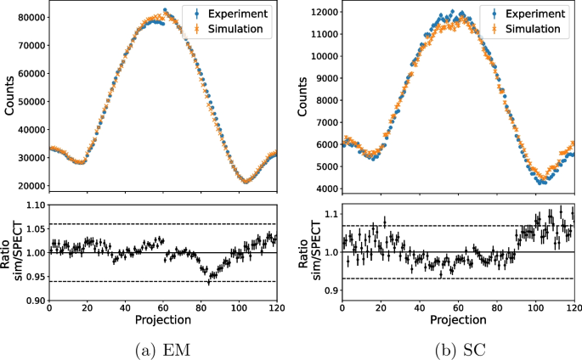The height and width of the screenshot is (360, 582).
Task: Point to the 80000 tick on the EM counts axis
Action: point(31,17)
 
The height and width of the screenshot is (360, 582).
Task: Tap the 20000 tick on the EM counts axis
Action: point(31,186)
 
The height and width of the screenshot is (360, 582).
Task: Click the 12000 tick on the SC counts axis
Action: point(324,14)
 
